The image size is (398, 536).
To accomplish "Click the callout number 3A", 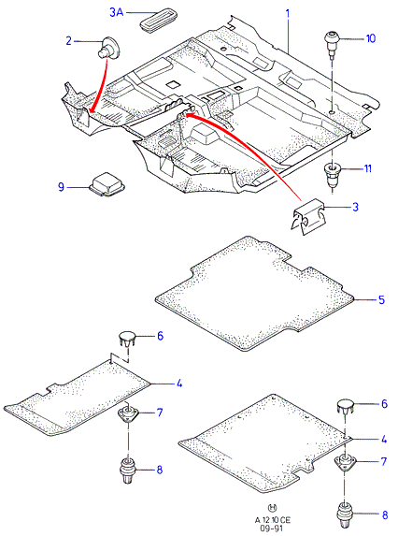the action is pos(116,13).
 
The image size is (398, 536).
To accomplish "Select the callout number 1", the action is pos(288,14).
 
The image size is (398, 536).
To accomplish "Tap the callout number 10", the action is pos(370,38).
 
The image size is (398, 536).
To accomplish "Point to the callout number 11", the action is pos(367,168).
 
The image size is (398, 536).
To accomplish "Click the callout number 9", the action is pos(61,187).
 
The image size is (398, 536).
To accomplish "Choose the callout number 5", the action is pos(381,299).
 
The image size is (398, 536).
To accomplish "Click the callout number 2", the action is pos(68,41).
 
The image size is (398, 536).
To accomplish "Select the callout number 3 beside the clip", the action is pos(355,207).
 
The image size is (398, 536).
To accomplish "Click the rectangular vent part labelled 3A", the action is pos(157,22).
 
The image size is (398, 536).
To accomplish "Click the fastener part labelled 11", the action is pos(332,174).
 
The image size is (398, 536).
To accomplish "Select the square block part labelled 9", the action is pos(107,185).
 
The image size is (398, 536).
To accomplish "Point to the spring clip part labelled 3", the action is pos(307,216).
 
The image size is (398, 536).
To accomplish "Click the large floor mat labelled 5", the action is pos(255,294).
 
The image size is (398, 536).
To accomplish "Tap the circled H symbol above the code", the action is pos(273,507).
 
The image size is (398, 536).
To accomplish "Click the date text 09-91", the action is pos(273,529).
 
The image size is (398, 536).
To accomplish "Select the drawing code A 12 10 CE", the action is pos(273,520).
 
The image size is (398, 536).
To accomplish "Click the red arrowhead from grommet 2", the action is pos(91,109).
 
